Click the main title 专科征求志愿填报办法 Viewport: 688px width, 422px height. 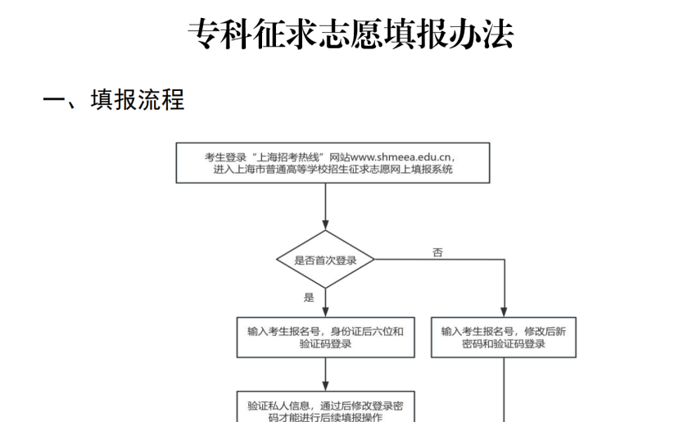(x=351, y=34)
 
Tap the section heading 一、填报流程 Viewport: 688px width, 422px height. (x=114, y=99)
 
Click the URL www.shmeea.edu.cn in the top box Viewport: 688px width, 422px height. (x=401, y=157)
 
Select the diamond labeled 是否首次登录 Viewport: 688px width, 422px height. (x=325, y=260)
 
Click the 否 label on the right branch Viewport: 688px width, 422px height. (x=437, y=252)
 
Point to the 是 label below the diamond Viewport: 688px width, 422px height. (x=309, y=297)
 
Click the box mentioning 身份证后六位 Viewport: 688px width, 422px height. (x=326, y=338)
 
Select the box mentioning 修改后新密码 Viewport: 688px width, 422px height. (x=503, y=338)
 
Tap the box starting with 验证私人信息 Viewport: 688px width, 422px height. (x=326, y=406)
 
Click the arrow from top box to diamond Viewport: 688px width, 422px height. (x=325, y=206)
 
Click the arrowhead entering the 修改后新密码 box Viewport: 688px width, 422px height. (x=504, y=312)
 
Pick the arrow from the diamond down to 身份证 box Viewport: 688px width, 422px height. (x=325, y=303)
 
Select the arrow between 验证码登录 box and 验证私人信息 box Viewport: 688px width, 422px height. (x=325, y=374)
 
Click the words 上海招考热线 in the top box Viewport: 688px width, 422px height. (x=289, y=157)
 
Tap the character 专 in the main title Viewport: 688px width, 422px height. (x=204, y=34)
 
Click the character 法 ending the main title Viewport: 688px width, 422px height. (x=498, y=34)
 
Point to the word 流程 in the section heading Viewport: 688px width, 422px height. (x=161, y=99)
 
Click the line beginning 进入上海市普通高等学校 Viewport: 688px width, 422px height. (x=333, y=170)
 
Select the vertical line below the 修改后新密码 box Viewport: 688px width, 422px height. (x=504, y=390)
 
